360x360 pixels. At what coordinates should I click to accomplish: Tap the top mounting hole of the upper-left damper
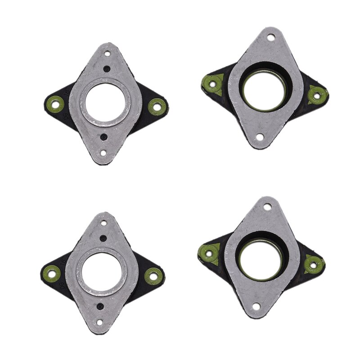[x=108, y=54]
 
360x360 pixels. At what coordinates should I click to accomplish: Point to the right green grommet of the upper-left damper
[x=156, y=107]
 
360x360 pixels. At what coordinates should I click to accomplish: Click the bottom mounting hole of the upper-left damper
[x=103, y=153]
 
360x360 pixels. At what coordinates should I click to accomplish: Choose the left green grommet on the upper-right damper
[x=212, y=83]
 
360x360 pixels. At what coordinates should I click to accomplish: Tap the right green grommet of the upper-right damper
[x=317, y=95]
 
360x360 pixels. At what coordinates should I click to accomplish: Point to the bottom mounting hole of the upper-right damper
[x=260, y=137]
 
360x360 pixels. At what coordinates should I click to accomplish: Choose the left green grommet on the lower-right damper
[x=208, y=252]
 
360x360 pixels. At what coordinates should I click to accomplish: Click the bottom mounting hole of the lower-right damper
[x=256, y=307]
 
